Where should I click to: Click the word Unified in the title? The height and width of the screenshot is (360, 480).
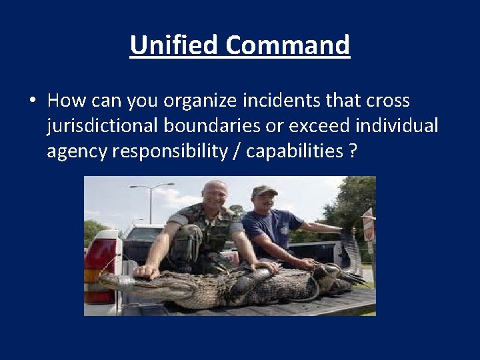tap(175, 45)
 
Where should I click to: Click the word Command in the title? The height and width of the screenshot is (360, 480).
tap(287, 45)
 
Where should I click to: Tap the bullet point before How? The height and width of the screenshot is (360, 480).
tap(33, 101)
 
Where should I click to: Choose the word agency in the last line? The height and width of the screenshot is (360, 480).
tap(77, 152)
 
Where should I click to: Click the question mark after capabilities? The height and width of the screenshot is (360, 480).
tap(352, 152)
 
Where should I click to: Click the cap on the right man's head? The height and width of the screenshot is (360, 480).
tap(264, 191)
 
